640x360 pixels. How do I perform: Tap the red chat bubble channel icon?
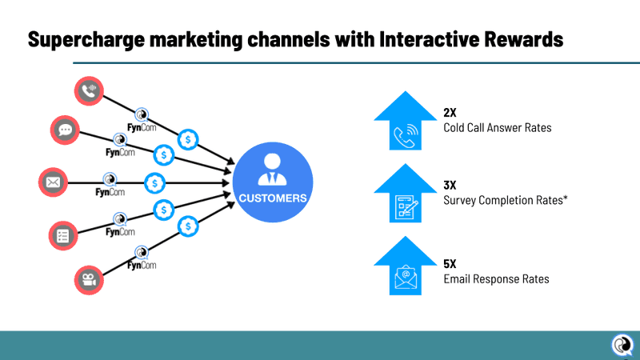(x=65, y=130)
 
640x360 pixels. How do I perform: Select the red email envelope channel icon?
(x=54, y=182)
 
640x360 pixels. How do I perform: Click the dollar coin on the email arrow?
(x=153, y=182)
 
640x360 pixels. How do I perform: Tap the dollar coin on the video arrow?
(x=189, y=226)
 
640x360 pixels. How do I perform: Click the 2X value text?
(x=450, y=113)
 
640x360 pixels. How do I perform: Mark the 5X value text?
(x=450, y=265)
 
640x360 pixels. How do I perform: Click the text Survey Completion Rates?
(x=505, y=199)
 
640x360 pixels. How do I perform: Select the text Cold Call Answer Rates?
(x=497, y=128)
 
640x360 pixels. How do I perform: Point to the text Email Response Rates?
(x=496, y=278)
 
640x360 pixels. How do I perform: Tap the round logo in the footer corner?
(x=621, y=345)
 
